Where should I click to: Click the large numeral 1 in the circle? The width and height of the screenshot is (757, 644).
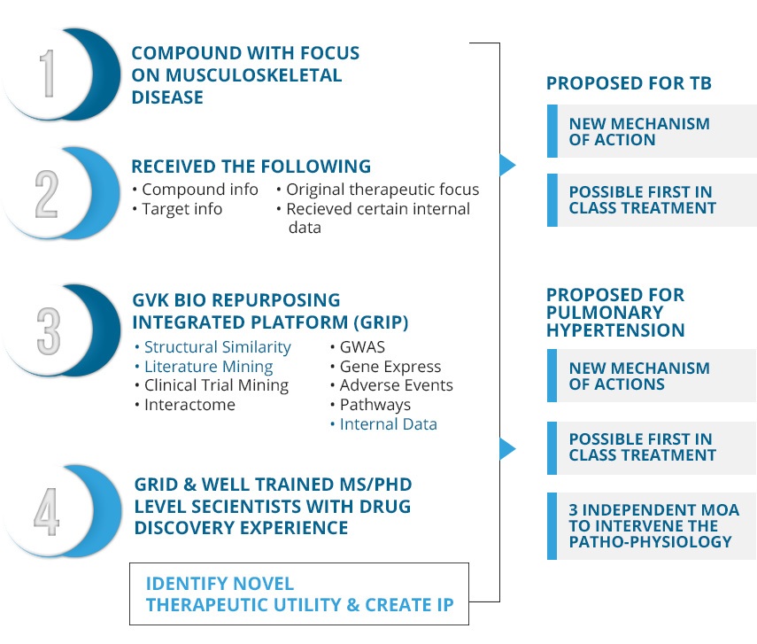pos(48,74)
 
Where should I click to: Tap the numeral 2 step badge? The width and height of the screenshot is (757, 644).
pos(47,194)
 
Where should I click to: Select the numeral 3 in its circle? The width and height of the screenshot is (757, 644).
pos(49,331)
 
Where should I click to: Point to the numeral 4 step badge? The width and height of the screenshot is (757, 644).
pos(47,512)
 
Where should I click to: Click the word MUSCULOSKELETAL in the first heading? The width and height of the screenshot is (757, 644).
pos(254,75)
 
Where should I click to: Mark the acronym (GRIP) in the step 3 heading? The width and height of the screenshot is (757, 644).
pos(381,322)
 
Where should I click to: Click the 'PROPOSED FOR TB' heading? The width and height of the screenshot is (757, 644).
pos(629,83)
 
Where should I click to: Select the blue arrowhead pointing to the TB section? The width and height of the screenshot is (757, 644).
pos(507,165)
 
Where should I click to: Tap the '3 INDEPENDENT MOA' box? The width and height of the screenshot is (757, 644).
pos(652,526)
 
